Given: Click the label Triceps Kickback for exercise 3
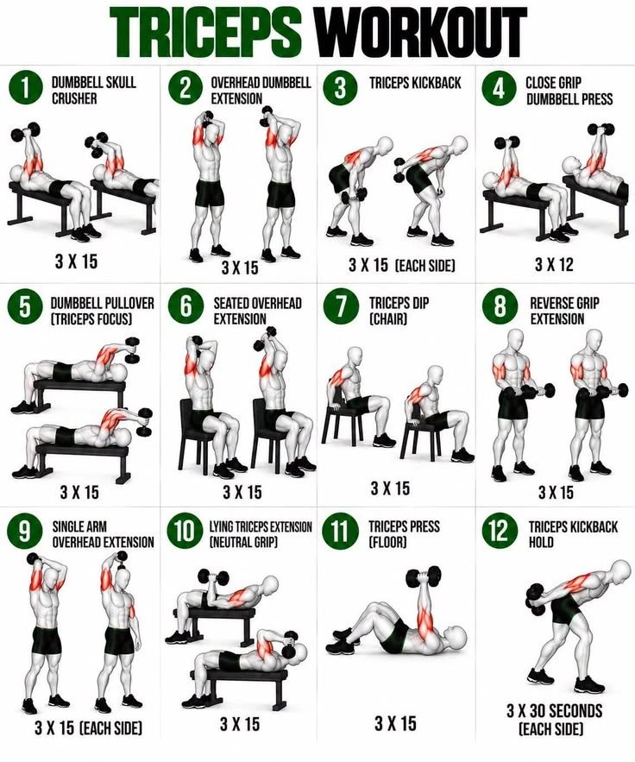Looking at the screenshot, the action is tap(415, 83).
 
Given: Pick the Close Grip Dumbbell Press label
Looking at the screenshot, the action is tap(569, 91).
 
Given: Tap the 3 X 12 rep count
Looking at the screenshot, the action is tap(554, 264).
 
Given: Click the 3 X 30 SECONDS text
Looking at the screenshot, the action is tap(555, 711).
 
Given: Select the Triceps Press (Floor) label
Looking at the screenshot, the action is tap(404, 534).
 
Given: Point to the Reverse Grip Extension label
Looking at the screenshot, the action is tap(564, 311).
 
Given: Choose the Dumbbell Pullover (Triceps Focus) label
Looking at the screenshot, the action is tap(102, 311).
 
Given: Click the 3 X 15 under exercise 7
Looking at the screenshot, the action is tap(390, 488).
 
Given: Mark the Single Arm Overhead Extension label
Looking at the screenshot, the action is tap(103, 534).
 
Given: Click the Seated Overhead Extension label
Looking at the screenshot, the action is tap(257, 311).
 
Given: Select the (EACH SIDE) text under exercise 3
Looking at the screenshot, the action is tap(425, 266).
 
